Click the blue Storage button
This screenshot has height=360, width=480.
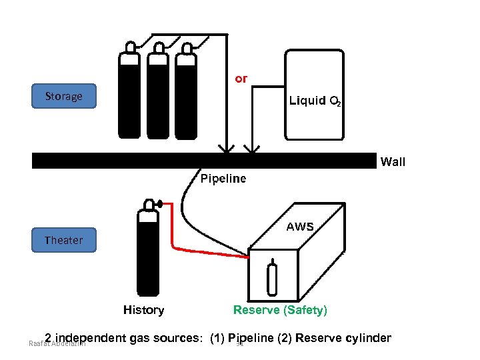(64, 96)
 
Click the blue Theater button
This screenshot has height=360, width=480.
(64, 240)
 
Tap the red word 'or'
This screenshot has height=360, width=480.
(241, 79)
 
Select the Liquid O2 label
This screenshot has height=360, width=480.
(315, 101)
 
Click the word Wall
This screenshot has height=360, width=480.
(393, 161)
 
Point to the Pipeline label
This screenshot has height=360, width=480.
(223, 179)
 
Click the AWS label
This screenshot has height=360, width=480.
(300, 227)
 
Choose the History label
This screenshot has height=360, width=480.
(143, 310)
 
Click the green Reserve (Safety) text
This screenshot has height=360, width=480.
(280, 310)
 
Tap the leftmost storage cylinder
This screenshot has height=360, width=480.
(129, 93)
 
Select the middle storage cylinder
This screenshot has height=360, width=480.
(158, 93)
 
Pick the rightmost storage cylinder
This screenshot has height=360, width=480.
(186, 93)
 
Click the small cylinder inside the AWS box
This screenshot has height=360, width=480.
(272, 279)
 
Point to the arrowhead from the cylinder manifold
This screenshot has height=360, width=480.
(227, 147)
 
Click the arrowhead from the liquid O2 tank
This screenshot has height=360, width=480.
(252, 147)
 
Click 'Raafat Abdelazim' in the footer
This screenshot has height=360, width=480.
(53, 345)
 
